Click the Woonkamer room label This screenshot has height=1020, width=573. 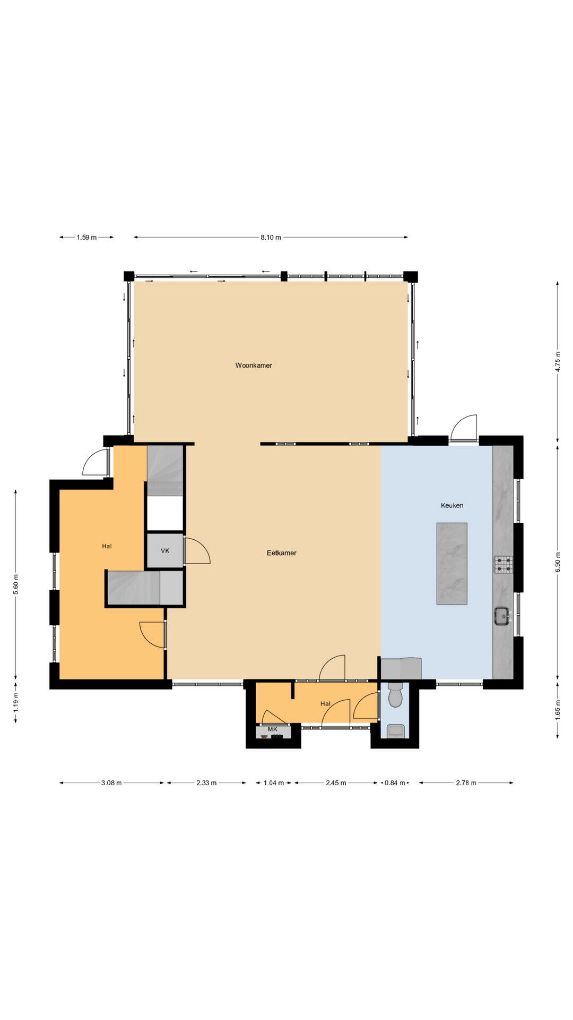(x=254, y=365)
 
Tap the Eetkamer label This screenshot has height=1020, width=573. (x=281, y=553)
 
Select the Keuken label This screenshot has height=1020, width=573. (x=452, y=505)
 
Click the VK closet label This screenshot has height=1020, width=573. (x=165, y=551)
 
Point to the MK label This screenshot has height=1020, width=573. (x=273, y=729)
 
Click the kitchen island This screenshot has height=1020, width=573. (x=452, y=564)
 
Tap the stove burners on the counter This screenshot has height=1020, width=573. (x=503, y=564)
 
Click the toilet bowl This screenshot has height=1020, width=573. (x=395, y=696)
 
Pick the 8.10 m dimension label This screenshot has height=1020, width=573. (x=271, y=237)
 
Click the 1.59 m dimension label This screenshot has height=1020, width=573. (x=86, y=237)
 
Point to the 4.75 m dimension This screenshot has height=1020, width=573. (x=558, y=361)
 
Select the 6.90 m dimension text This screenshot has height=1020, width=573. (x=558, y=563)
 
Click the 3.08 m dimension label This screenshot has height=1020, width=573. (x=111, y=783)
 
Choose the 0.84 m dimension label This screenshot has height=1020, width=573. (x=395, y=783)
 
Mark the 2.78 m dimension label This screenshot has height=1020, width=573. (x=466, y=783)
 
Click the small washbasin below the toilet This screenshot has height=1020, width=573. (x=395, y=732)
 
